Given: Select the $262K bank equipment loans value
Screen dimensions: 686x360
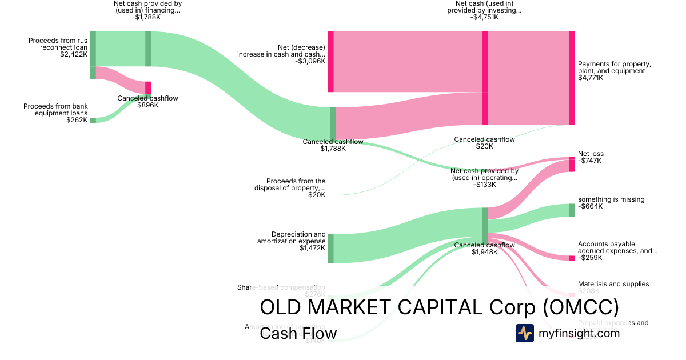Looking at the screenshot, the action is [x=77, y=120].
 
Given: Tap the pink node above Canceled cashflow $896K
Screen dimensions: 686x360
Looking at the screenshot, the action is [x=148, y=87].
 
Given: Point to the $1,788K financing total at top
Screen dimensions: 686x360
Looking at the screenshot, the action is [x=147, y=17].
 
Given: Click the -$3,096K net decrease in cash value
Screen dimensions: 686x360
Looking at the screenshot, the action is [x=310, y=61].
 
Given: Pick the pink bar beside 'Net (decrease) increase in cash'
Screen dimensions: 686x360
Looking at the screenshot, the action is [x=330, y=61].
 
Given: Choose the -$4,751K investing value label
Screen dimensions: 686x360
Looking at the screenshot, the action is [x=484, y=17].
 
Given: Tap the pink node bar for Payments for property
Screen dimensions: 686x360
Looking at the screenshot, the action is [x=572, y=78].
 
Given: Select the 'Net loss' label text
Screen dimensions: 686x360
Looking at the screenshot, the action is [x=591, y=154].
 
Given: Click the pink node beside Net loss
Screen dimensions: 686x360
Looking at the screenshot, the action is [x=572, y=165].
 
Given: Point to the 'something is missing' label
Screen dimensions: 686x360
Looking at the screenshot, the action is [x=611, y=199].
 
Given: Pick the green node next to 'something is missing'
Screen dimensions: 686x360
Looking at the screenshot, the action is [x=572, y=210].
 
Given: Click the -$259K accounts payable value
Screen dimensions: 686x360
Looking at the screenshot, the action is [x=590, y=258].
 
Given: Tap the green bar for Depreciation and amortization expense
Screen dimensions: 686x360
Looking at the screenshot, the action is [x=330, y=249].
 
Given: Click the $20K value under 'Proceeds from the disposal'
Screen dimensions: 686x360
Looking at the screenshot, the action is [x=317, y=195].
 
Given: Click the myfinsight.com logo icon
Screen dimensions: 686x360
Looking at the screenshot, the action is [x=524, y=333].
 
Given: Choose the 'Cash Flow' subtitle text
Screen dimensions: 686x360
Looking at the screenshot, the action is [x=298, y=333].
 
